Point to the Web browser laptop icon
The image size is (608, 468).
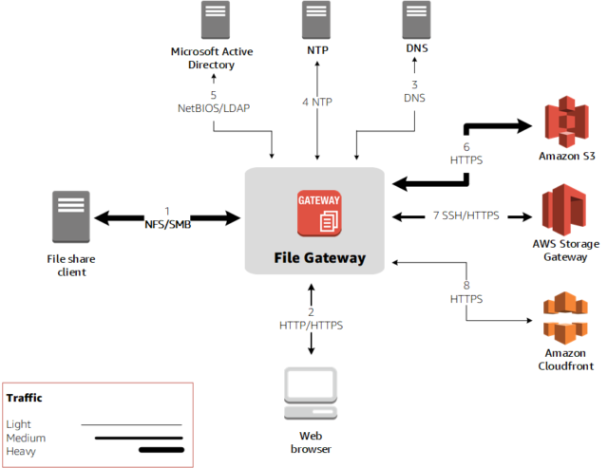point(312,391)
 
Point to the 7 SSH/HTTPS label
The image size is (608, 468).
point(465,216)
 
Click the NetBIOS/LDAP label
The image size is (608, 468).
point(213,108)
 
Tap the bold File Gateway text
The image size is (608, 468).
point(319,257)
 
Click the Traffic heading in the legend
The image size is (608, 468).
point(24,398)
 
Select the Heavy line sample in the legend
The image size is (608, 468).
point(160,450)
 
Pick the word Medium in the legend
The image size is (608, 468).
point(26,437)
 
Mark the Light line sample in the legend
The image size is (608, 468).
point(130,424)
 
